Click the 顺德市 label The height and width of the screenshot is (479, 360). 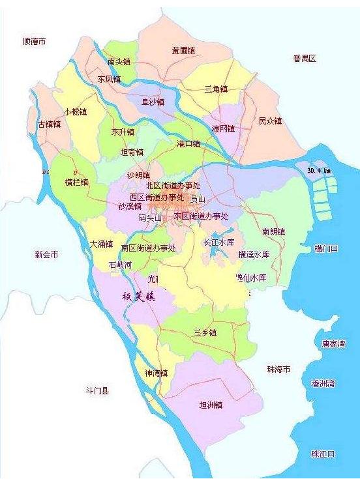coord(34,41)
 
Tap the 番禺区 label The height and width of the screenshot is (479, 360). coord(304,59)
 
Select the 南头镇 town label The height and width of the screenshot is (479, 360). coord(119,61)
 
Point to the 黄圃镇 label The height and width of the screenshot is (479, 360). coord(183,50)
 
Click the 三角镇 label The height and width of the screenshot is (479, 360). coord(216,89)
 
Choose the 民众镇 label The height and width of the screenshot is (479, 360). coord(270,121)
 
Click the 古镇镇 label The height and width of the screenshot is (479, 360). coord(49,124)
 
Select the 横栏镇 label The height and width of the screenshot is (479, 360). coord(76,182)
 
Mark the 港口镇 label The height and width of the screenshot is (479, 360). coord(188,143)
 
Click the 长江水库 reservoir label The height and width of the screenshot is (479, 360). coord(218,242)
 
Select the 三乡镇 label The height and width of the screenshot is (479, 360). coord(205,332)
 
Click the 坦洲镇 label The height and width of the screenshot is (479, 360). coord(211,405)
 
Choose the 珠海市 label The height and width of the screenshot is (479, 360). coord(278,370)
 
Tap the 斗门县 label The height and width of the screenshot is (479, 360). coord(97,391)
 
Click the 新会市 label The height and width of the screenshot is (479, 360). coord(46,254)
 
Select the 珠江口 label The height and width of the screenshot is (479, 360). coord(323,454)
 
